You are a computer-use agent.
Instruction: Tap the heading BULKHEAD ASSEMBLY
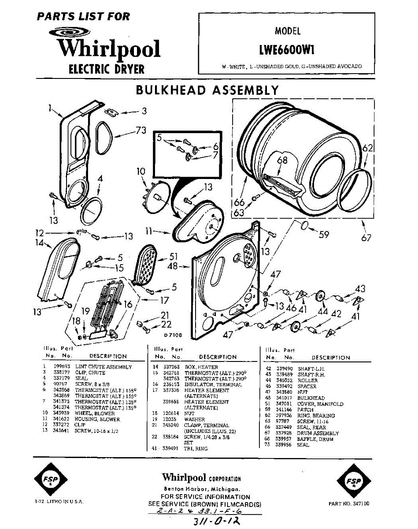point(207,90)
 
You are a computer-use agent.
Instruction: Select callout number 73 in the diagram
point(141,130)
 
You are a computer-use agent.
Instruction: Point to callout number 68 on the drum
point(282,160)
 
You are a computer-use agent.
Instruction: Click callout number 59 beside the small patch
point(324,235)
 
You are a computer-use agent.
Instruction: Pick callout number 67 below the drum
point(366,238)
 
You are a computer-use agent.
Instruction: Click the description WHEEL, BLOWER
point(95,414)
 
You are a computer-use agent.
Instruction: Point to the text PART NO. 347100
point(349,503)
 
